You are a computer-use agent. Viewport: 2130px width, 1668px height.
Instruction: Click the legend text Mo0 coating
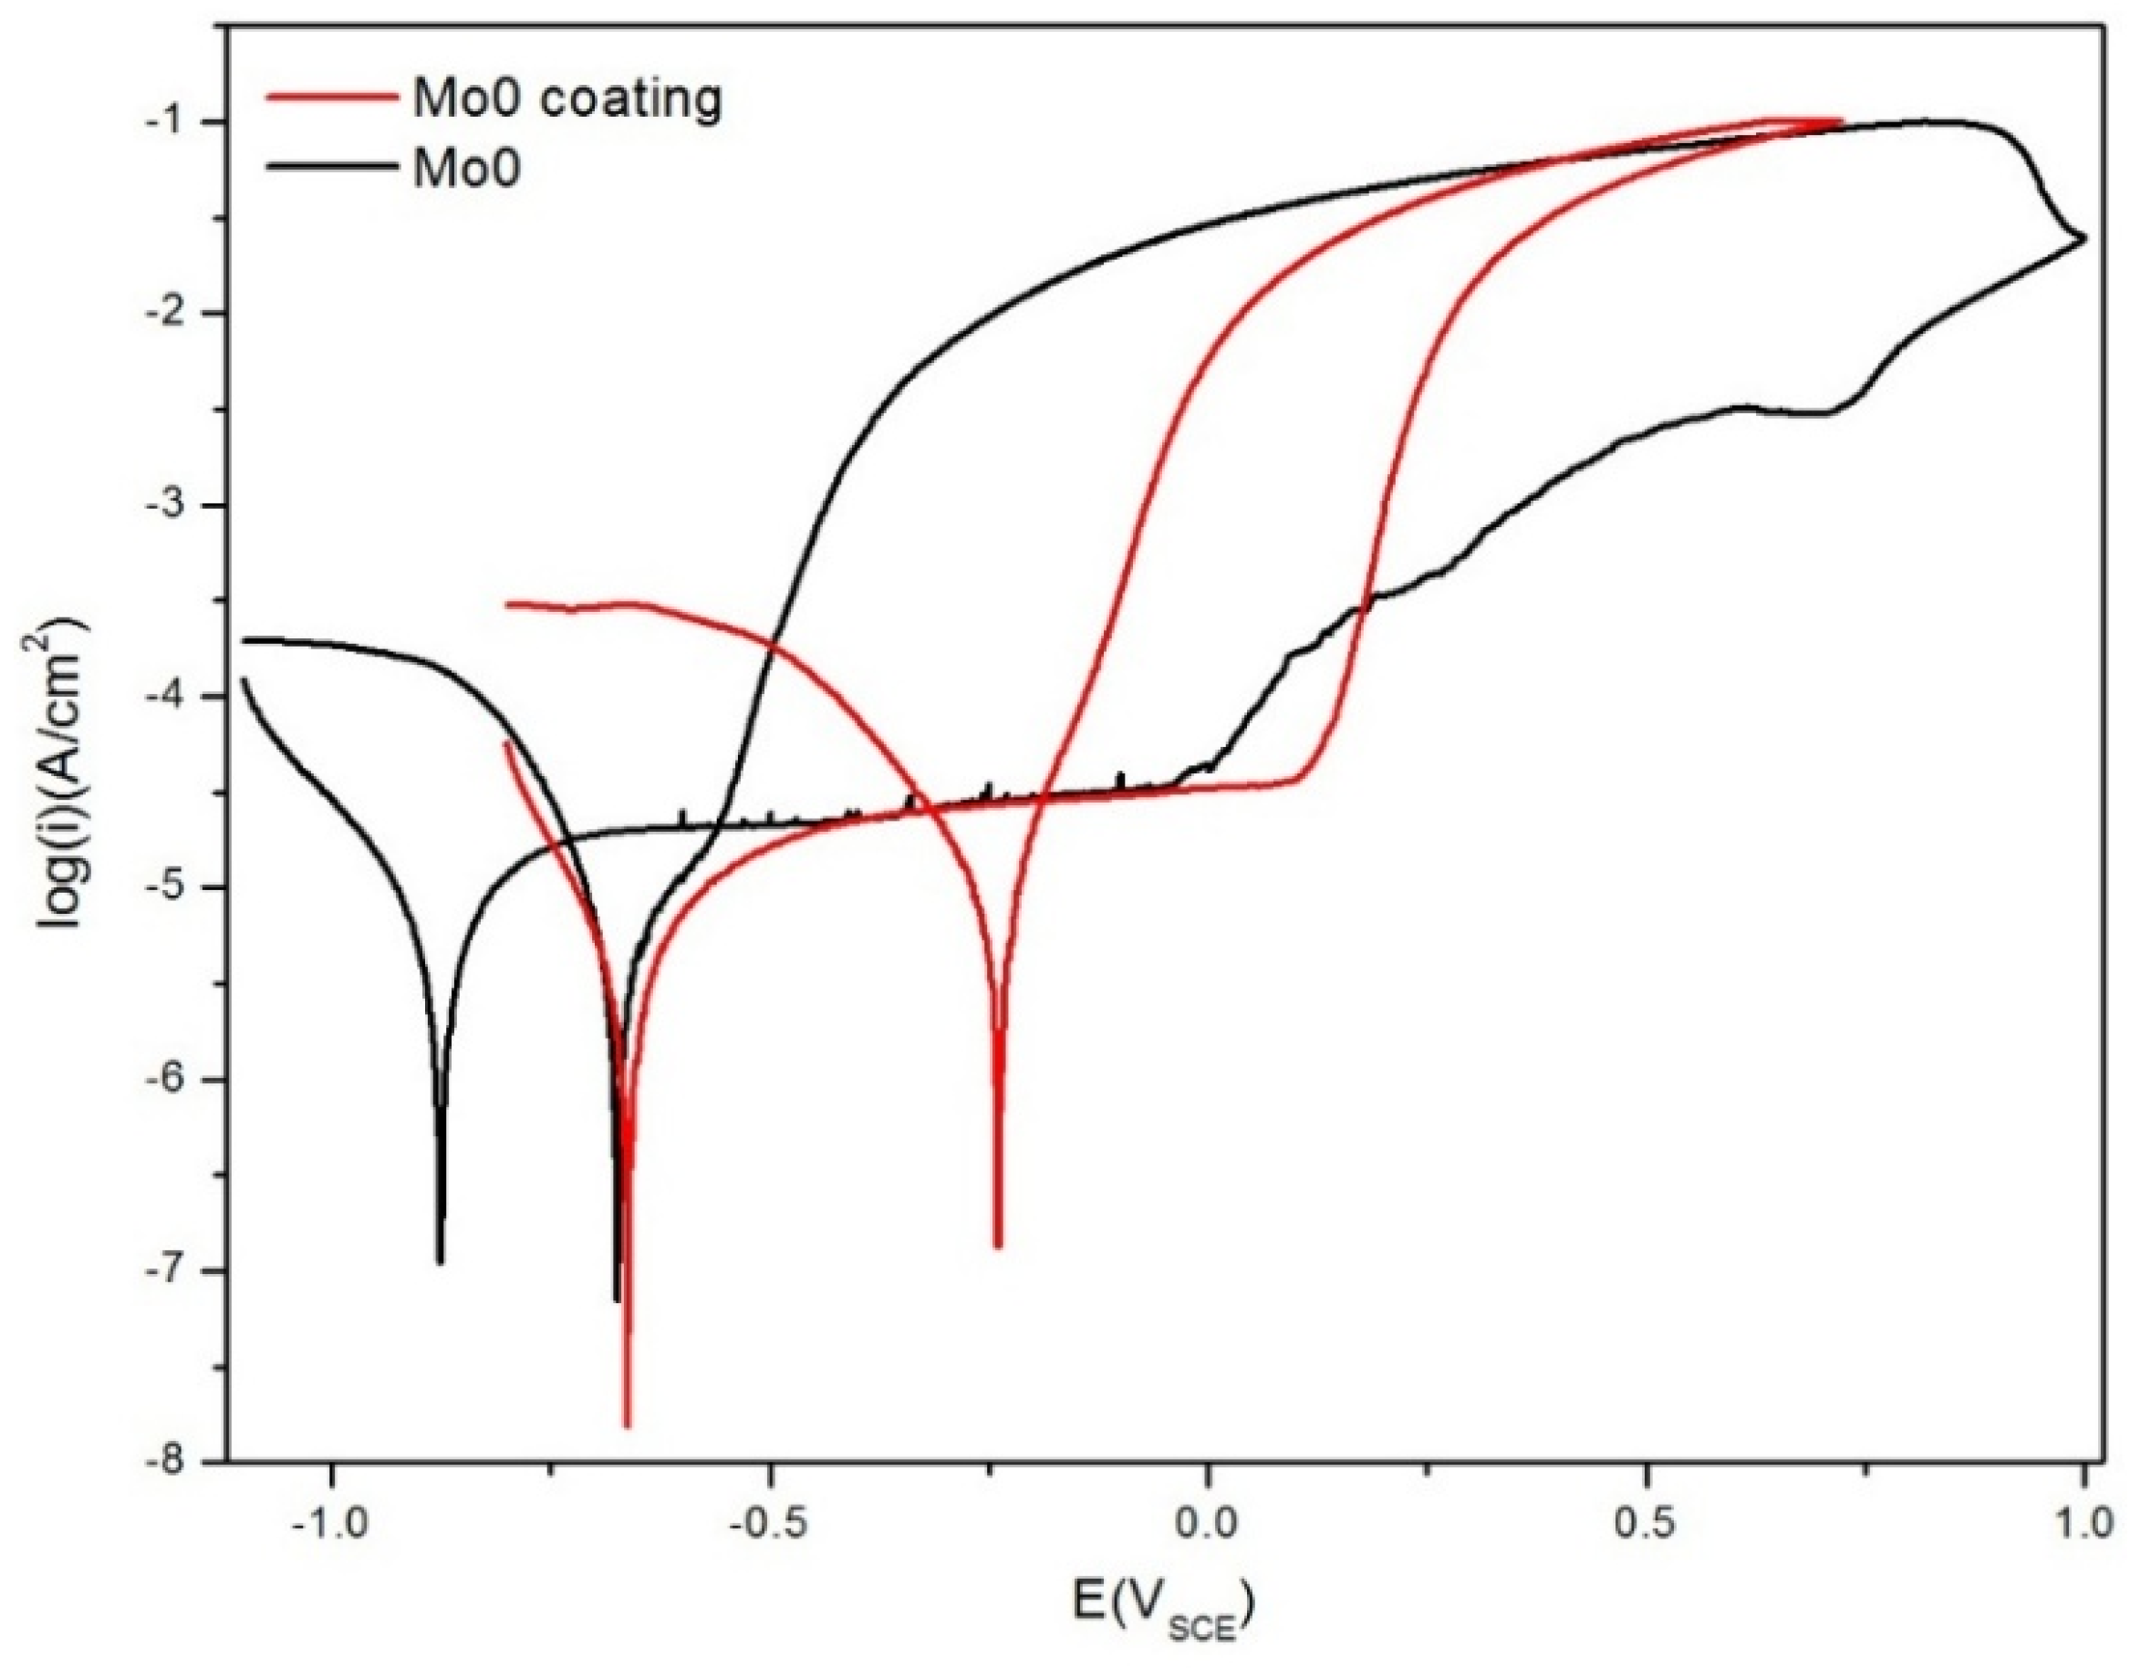coord(566,98)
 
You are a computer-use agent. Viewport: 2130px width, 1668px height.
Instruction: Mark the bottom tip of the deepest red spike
coord(627,1427)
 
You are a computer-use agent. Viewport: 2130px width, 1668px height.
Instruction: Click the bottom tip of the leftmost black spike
coord(440,1263)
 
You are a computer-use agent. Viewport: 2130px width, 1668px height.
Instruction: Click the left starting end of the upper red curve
coord(507,605)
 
